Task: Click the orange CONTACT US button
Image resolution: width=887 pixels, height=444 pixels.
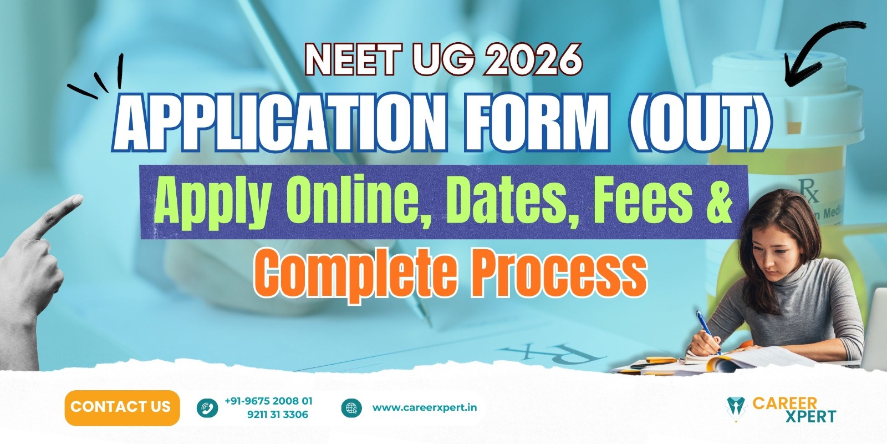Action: pos(122,407)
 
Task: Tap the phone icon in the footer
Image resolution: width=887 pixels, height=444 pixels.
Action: pos(207,408)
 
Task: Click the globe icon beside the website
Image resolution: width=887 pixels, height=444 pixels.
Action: pos(351,408)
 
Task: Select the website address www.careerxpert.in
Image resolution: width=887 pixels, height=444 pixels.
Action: pos(425,407)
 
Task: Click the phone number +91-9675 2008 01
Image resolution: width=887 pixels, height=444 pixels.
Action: pos(268,401)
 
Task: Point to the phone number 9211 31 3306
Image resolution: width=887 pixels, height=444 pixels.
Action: pos(278,415)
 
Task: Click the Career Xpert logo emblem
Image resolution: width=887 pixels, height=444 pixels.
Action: pos(735,409)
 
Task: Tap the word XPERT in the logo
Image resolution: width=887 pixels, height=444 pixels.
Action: pos(810,417)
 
